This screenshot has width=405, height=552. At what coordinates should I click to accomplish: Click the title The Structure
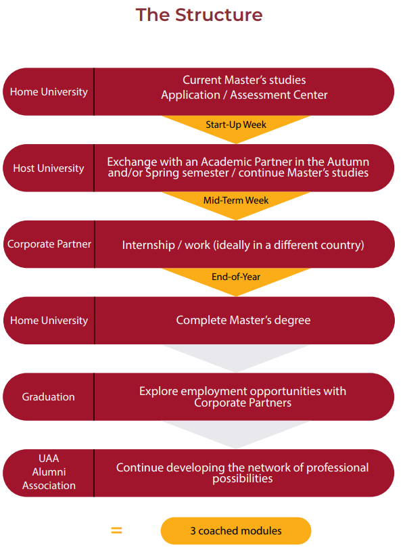(199, 15)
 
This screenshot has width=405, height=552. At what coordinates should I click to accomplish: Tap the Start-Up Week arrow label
(236, 124)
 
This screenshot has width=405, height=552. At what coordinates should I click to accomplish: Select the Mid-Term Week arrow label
(236, 200)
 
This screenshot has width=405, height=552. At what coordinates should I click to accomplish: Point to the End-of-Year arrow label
(236, 277)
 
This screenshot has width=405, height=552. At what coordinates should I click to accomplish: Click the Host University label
(49, 168)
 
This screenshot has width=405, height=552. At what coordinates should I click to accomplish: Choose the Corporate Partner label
(49, 244)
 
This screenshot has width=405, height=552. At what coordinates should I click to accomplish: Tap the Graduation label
(48, 396)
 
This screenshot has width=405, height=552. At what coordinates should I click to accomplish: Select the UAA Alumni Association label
(49, 471)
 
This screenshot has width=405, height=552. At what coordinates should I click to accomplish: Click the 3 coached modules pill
(236, 530)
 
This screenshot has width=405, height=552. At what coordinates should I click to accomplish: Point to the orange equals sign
(116, 530)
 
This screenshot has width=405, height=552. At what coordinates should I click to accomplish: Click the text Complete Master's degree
(243, 320)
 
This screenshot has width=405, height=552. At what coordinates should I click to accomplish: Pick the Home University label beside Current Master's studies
(49, 92)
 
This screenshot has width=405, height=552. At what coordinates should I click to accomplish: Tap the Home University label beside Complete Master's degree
(49, 321)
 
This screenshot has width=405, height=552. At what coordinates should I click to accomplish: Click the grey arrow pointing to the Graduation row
(236, 357)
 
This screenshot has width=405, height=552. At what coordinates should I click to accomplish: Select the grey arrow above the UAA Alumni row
(236, 434)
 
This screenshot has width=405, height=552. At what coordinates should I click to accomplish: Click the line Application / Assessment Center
(244, 95)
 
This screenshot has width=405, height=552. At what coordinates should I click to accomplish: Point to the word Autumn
(348, 162)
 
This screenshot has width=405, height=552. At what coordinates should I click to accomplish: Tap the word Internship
(149, 245)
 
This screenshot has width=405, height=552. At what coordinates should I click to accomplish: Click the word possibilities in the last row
(243, 479)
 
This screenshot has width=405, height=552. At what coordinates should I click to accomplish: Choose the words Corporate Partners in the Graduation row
(243, 402)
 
